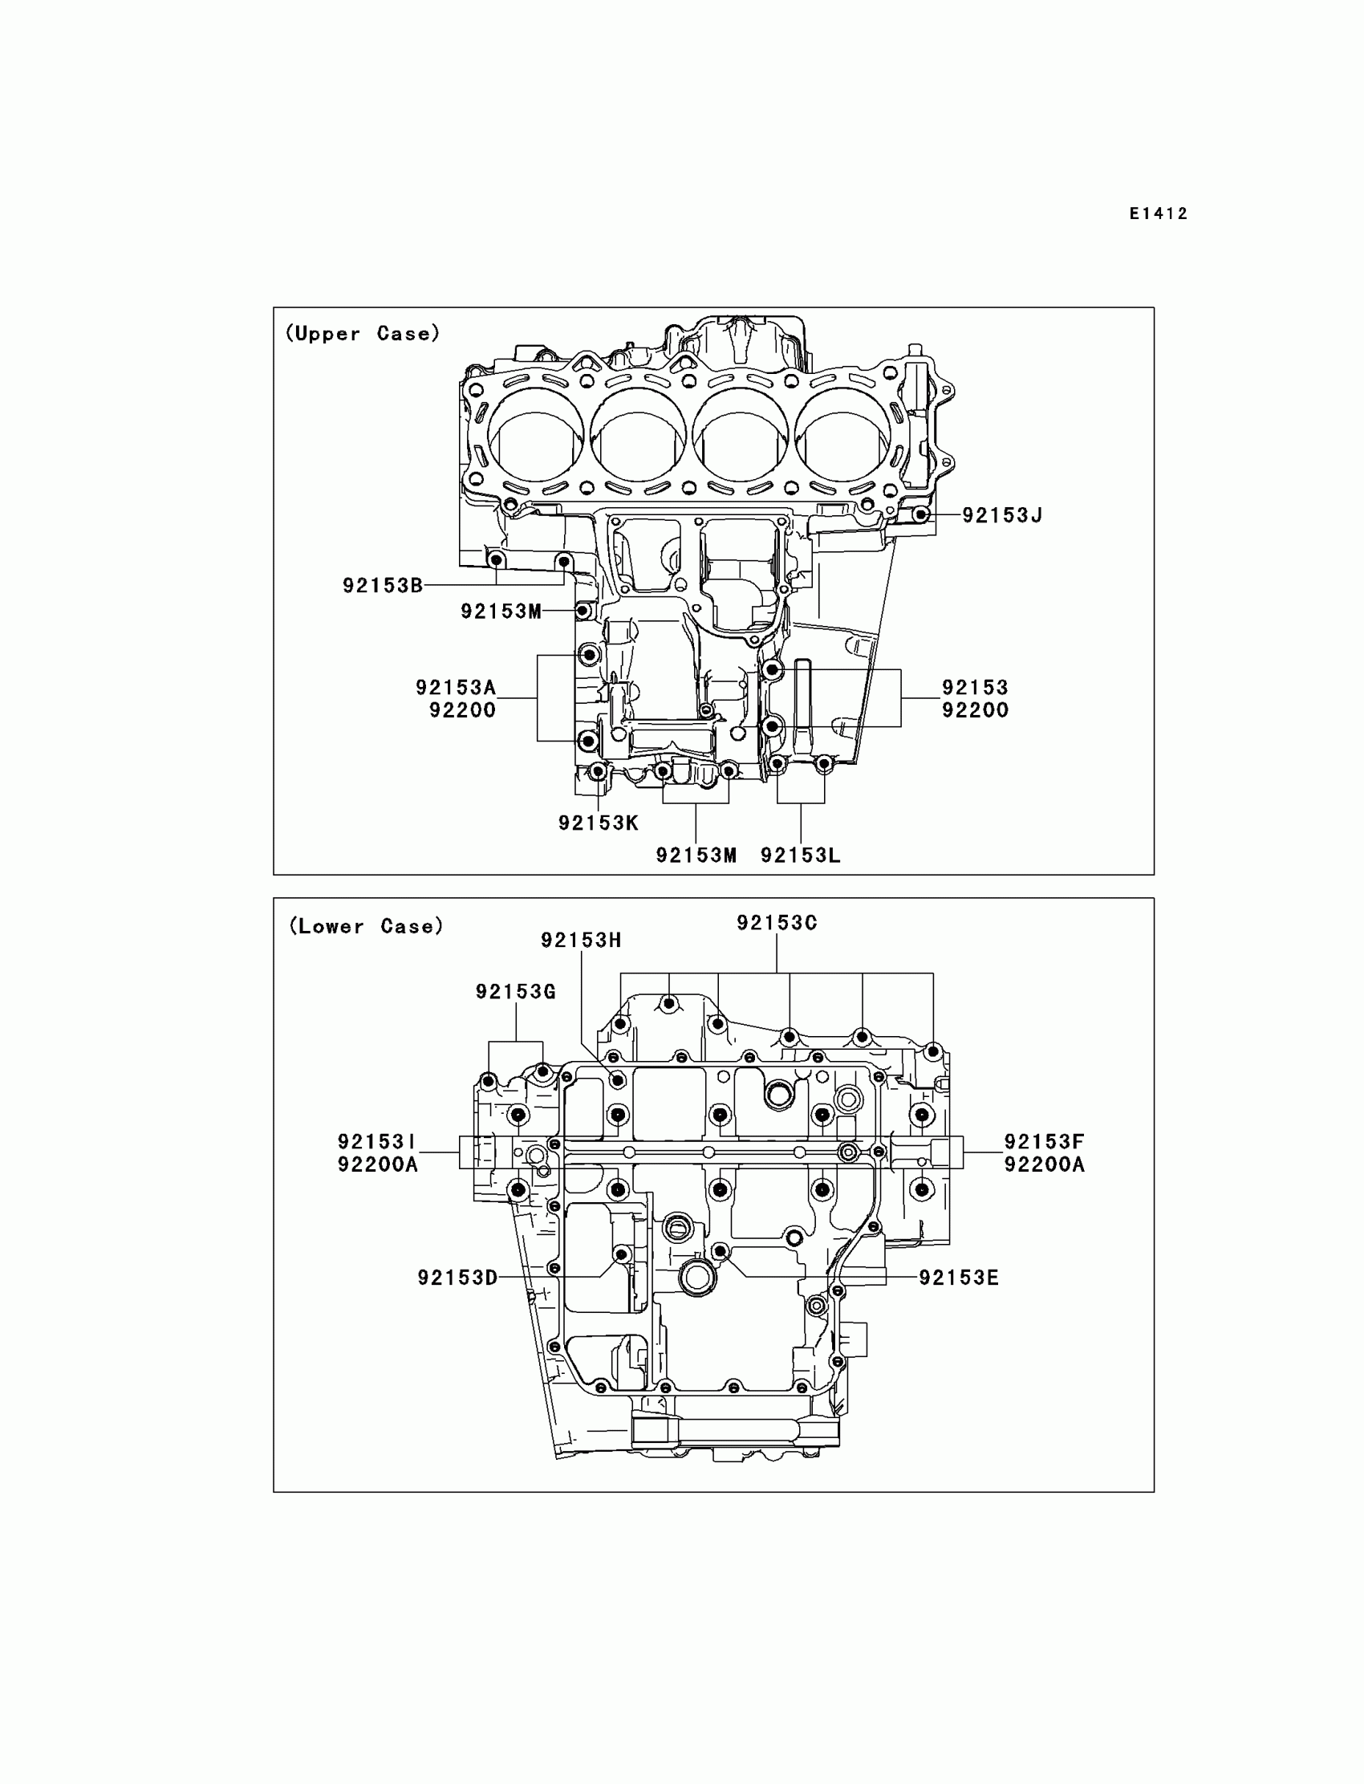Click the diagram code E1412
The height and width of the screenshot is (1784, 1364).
[1159, 214]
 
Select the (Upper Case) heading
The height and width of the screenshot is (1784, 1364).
[362, 334]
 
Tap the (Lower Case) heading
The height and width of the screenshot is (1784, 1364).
[366, 927]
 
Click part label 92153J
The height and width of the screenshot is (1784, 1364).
[1002, 516]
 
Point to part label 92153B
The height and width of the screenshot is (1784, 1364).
[383, 586]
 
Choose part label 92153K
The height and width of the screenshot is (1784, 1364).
[599, 823]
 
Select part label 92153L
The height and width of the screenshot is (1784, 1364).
[801, 855]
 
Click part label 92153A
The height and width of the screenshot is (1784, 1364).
[456, 688]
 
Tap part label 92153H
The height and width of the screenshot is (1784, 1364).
[582, 941]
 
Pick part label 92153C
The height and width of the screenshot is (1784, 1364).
[777, 923]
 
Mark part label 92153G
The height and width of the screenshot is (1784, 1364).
[516, 992]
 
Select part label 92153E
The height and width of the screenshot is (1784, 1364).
[959, 1278]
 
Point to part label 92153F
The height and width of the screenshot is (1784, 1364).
[1044, 1143]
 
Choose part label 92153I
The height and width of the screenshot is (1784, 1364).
[377, 1143]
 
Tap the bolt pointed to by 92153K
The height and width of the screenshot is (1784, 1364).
[598, 770]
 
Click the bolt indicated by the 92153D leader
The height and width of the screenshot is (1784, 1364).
[622, 1255]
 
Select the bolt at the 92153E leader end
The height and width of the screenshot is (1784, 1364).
[721, 1251]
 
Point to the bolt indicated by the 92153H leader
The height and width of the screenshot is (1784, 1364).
[618, 1081]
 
